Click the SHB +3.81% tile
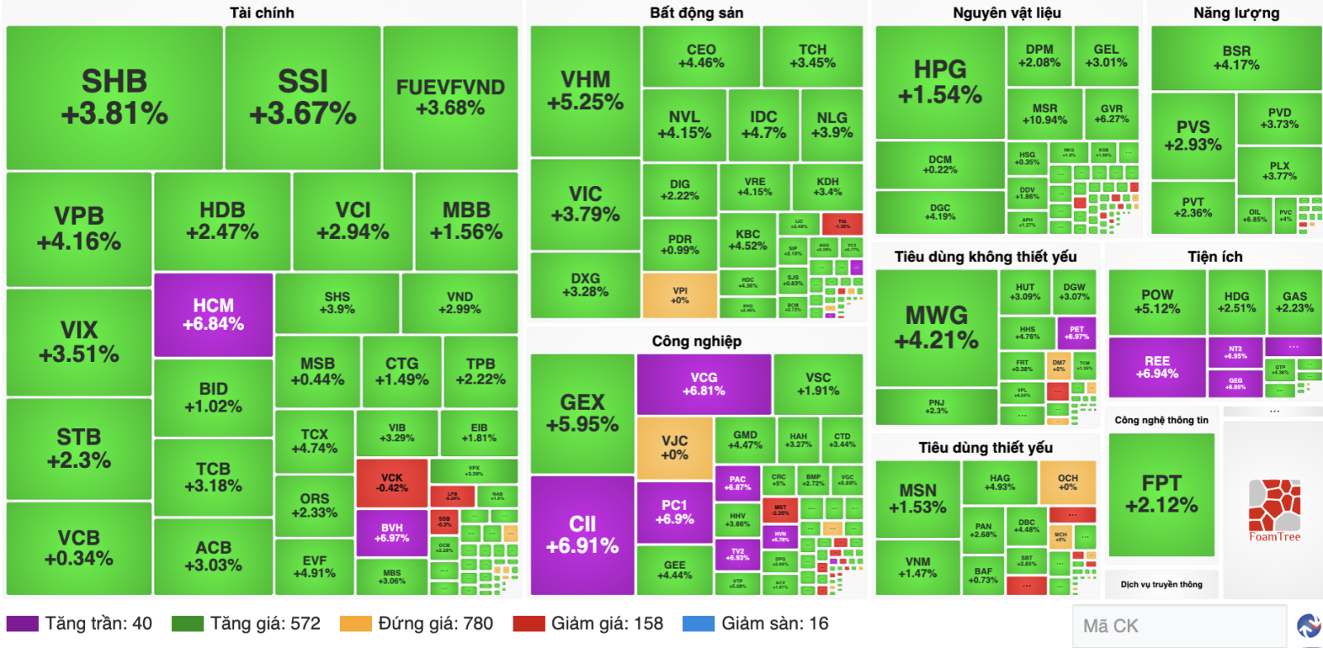(x=114, y=98)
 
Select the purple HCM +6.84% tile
(x=213, y=315)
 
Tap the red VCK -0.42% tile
(x=392, y=483)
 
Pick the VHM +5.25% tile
(x=585, y=91)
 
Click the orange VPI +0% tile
(x=680, y=295)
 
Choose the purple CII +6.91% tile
(x=582, y=534)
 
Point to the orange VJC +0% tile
(x=674, y=447)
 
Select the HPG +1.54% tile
(x=939, y=82)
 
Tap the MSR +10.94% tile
(x=1044, y=114)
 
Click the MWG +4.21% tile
(x=936, y=327)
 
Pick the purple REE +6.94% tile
(x=1157, y=367)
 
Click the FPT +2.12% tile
(x=1161, y=493)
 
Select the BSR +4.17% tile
(x=1236, y=58)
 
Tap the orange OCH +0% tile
(x=1067, y=483)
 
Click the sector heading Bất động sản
(x=696, y=12)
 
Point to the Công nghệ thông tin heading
(x=1161, y=420)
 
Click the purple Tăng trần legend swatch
(x=22, y=623)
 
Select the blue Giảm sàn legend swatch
(x=698, y=623)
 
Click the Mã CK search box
(x=1178, y=626)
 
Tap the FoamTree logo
(x=1274, y=510)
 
